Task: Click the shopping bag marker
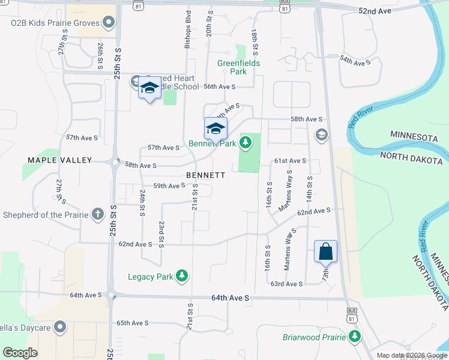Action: [325, 251]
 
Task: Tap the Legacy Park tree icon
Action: [181, 277]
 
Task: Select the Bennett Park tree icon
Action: [245, 143]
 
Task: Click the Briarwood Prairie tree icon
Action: [355, 337]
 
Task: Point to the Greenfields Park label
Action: [239, 67]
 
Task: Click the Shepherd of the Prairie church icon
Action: [97, 214]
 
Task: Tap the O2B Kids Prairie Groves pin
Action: [109, 23]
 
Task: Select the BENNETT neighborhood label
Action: [205, 175]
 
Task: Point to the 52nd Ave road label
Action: [375, 11]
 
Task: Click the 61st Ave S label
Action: [291, 161]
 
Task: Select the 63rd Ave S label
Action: [286, 284]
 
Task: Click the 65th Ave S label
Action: [132, 323]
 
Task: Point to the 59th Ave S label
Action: [169, 186]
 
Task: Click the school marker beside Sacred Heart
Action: [149, 89]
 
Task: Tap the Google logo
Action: [20, 353]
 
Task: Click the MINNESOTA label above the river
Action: [415, 138]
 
